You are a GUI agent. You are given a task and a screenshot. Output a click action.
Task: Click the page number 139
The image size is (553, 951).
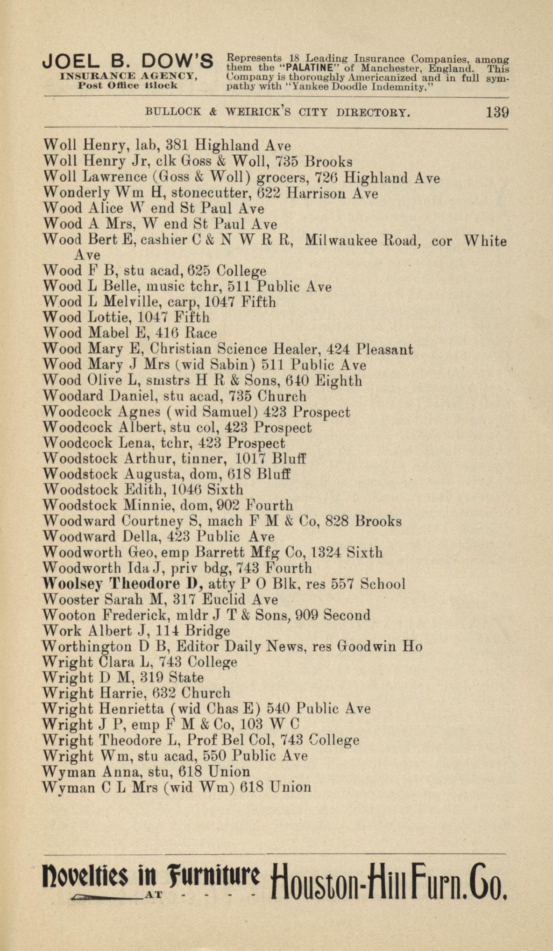point(497,113)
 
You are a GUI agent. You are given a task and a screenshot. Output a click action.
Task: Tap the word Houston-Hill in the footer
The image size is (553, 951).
point(339,879)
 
